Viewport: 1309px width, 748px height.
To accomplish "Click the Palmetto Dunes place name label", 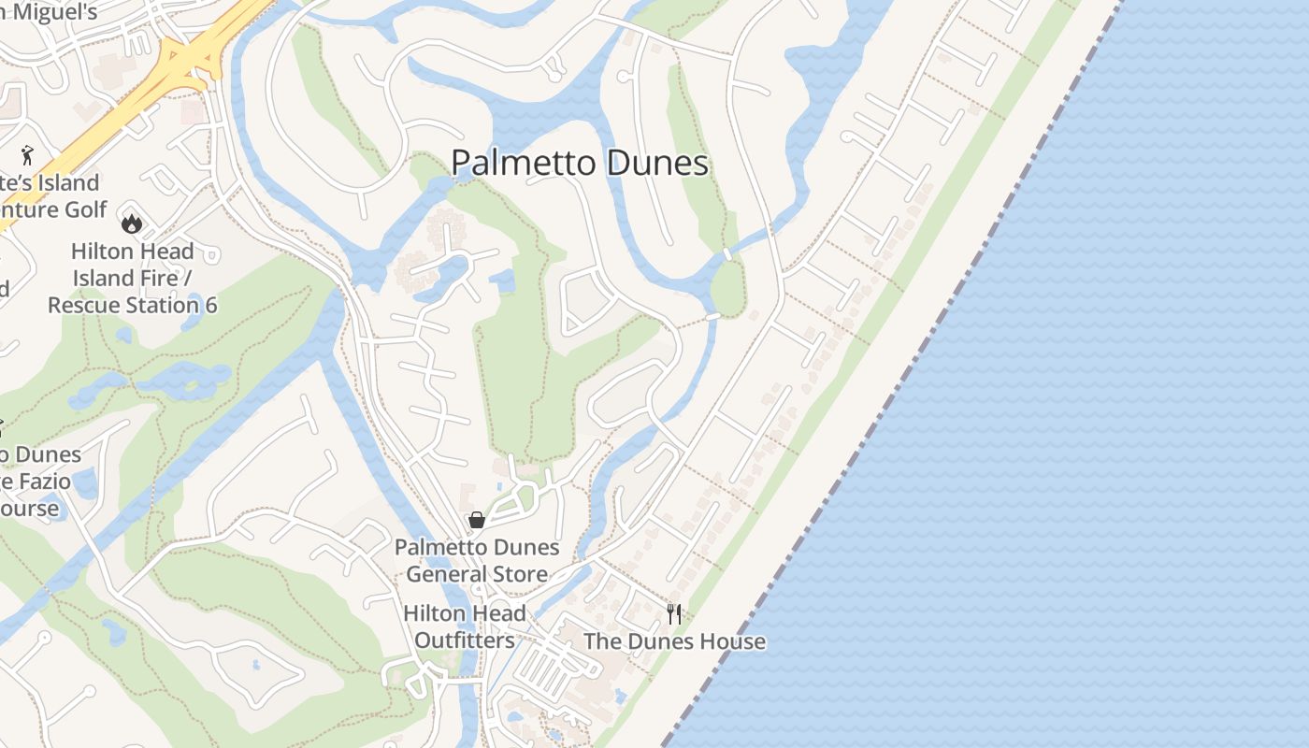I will [580, 164].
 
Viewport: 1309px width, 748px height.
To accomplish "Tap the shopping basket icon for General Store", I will [477, 520].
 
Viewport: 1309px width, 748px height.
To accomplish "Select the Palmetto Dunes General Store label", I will [477, 560].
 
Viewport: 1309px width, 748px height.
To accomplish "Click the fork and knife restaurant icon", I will [673, 614].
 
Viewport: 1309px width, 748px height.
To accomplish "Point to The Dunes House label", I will [674, 641].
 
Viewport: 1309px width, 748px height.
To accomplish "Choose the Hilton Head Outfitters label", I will [465, 626].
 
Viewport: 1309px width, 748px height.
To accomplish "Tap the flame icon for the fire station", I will [131, 223].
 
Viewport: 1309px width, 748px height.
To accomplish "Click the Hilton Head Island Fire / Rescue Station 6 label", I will [133, 278].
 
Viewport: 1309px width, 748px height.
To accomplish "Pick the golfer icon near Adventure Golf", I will [27, 155].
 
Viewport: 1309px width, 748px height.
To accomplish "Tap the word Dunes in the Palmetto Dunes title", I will [657, 164].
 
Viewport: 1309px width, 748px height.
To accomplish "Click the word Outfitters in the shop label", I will [465, 640].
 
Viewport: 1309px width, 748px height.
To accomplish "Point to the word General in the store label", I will [445, 573].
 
